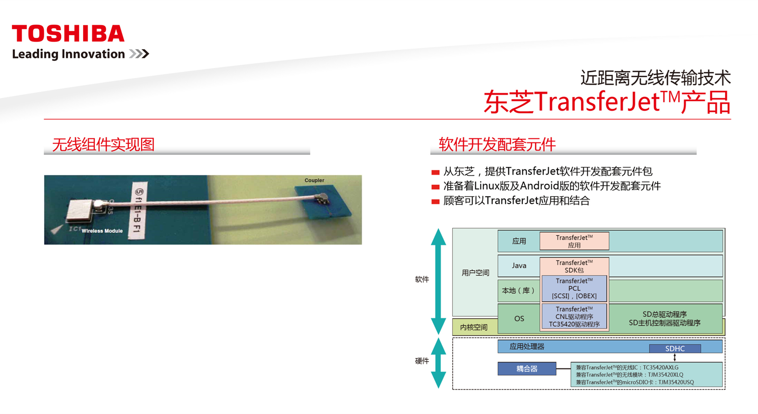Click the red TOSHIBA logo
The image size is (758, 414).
pos(68,33)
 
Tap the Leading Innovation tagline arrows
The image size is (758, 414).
pos(139,54)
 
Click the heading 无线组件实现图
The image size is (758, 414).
pos(103,144)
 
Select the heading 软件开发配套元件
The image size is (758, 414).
pos(497,144)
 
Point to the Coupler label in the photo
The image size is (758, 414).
pos(314,180)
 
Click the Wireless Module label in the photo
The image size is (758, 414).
pos(102,231)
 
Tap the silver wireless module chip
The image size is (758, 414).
pos(80,210)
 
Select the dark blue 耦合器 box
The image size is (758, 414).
pos(527,368)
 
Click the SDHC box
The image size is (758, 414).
pos(675,348)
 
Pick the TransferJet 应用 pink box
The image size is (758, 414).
pos(574,241)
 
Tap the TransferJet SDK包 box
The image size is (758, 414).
pos(574,266)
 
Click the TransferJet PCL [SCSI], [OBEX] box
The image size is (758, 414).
pos(574,288)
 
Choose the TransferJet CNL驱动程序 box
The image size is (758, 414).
pos(574,317)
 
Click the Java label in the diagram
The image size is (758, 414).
pos(519,265)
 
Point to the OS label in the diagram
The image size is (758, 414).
pos(519,318)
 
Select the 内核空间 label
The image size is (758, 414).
pos(474,327)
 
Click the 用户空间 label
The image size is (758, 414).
pos(475,273)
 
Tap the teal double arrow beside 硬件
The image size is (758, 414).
pos(439,363)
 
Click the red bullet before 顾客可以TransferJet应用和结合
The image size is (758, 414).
pos(436,201)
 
